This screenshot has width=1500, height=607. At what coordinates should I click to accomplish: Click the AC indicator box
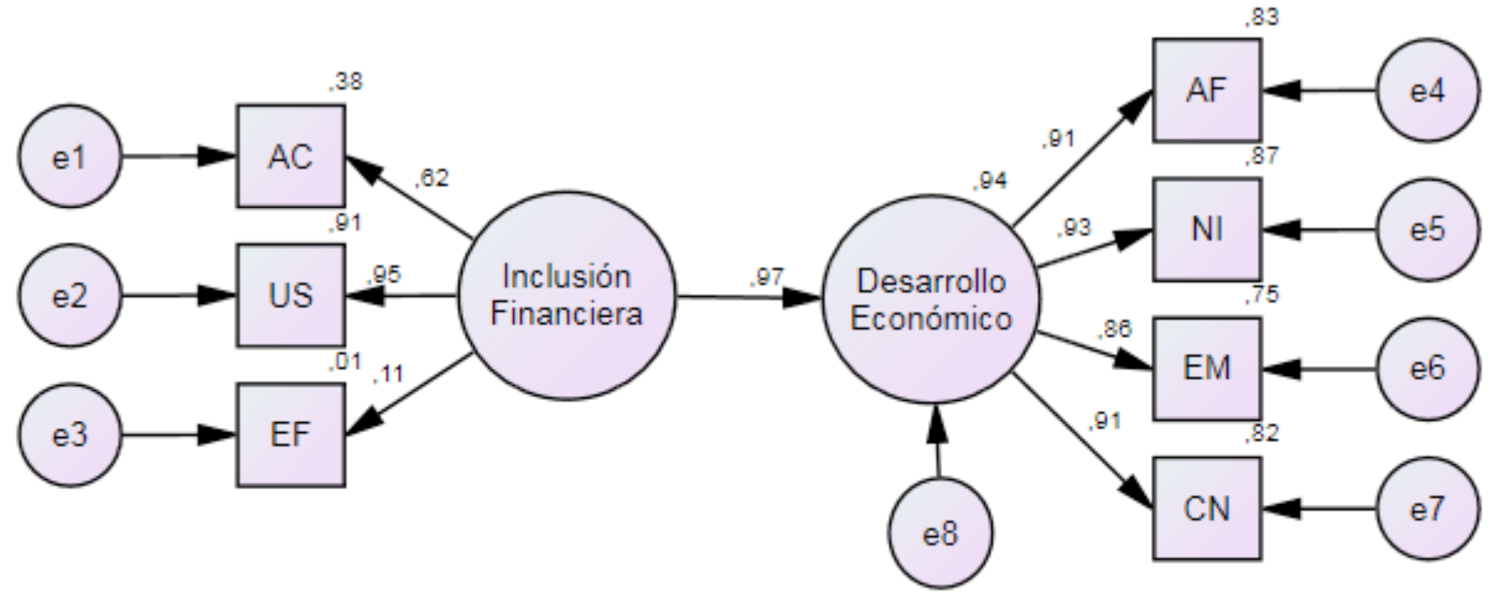click(290, 156)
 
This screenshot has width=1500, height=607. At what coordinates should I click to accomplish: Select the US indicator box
click(290, 295)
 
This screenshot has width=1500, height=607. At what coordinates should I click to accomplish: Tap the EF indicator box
click(290, 435)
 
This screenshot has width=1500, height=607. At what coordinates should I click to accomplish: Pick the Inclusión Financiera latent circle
click(566, 295)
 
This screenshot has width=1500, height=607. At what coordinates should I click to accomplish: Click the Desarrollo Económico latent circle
click(931, 299)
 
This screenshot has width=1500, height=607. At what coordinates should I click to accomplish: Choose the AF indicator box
click(1206, 90)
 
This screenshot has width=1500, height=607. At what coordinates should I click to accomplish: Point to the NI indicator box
click(1206, 229)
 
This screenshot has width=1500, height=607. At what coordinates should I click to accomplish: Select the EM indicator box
click(1206, 368)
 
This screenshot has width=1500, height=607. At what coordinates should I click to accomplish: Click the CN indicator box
click(1206, 508)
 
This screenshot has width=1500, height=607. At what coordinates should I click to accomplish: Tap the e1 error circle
click(70, 156)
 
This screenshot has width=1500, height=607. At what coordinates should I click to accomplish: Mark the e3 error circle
click(70, 435)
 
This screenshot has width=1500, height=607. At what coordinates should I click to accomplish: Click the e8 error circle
click(941, 534)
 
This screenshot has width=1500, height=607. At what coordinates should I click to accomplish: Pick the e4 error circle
click(1427, 90)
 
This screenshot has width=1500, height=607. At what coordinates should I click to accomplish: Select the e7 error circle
click(1427, 508)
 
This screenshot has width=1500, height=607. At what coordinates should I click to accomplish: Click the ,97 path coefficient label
click(767, 277)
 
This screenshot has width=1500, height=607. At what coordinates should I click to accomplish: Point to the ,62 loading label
click(432, 177)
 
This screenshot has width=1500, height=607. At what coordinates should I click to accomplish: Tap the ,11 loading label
click(388, 374)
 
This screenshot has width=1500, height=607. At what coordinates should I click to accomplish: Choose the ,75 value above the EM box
click(1262, 295)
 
